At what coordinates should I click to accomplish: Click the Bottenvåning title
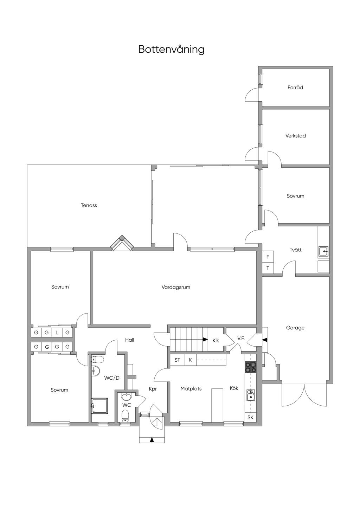[171, 49]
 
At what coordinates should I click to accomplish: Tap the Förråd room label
[295, 88]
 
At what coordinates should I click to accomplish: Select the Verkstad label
[295, 136]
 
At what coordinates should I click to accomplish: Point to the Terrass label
[89, 205]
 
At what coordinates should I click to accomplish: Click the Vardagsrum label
[176, 287]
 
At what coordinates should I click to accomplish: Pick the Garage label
[295, 328]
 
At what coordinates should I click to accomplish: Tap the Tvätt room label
[295, 250]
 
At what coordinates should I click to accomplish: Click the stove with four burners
[250, 367]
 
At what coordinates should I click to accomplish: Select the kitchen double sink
[250, 395]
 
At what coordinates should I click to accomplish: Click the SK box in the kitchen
[250, 417]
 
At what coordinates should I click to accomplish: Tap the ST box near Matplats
[177, 360]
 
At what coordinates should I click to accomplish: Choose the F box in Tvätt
[268, 257]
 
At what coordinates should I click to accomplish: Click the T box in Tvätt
[268, 268]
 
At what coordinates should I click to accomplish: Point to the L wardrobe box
[57, 333]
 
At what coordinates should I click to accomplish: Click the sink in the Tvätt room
[323, 251]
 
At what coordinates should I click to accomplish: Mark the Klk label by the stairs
[216, 340]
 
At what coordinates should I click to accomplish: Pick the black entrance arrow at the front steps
[152, 439]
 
